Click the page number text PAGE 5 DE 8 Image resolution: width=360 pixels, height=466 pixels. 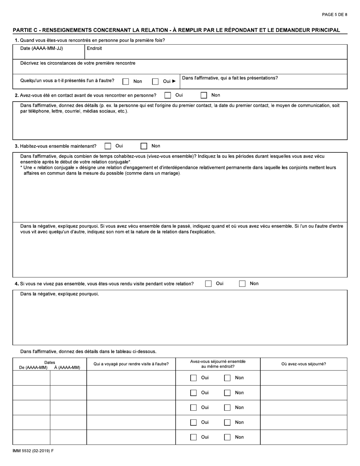pyautogui.click(x=334, y=15)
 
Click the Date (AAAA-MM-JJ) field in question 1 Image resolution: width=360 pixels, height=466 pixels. pyautogui.click(x=48, y=52)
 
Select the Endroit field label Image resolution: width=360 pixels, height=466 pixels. pyautogui.click(x=94, y=48)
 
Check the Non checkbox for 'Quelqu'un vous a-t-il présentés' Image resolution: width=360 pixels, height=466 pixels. pyautogui.click(x=126, y=81)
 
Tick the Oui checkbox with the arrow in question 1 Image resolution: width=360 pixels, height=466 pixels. pyautogui.click(x=155, y=81)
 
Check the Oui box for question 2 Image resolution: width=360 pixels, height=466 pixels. pyautogui.click(x=167, y=95)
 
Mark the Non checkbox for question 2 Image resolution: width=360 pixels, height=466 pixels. pyautogui.click(x=203, y=95)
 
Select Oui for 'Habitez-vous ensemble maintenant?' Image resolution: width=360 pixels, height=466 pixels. pyautogui.click(x=108, y=146)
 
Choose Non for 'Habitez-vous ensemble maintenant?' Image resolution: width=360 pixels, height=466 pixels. pyautogui.click(x=144, y=146)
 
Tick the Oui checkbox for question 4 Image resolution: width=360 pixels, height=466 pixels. pyautogui.click(x=208, y=284)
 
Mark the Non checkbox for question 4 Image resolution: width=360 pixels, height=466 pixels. pyautogui.click(x=242, y=284)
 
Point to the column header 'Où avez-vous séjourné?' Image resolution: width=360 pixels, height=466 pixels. pyautogui.click(x=304, y=364)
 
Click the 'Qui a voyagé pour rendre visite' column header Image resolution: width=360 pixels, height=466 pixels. pyautogui.click(x=131, y=364)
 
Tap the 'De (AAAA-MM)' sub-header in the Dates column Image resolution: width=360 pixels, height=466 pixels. pyautogui.click(x=33, y=367)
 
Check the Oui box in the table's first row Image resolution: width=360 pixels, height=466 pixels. pyautogui.click(x=194, y=378)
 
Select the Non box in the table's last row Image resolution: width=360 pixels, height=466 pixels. pyautogui.click(x=227, y=437)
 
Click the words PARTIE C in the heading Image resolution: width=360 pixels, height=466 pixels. pyautogui.click(x=25, y=30)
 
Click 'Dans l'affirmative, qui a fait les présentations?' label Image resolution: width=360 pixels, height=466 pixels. pyautogui.click(x=230, y=78)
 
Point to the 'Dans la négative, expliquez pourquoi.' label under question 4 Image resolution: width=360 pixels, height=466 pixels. pyautogui.click(x=59, y=294)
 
